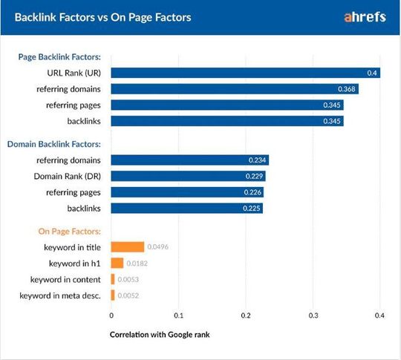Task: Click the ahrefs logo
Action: pyautogui.click(x=364, y=17)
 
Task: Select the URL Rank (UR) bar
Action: pyautogui.click(x=245, y=73)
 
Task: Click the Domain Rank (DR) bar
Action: pyautogui.click(x=188, y=176)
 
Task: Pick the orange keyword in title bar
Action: pyautogui.click(x=128, y=246)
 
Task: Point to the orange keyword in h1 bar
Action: pyautogui.click(x=117, y=263)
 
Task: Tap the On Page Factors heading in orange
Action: pyautogui.click(x=63, y=231)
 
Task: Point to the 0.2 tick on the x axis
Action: pyautogui.click(x=246, y=315)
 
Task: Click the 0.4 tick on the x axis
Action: pyautogui.click(x=379, y=315)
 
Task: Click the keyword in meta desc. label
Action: pyautogui.click(x=65, y=295)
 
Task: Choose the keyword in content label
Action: pyautogui.click(x=65, y=279)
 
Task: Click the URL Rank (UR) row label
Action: pyautogui.click(x=74, y=73)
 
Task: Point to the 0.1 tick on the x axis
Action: pyautogui.click(x=178, y=315)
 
